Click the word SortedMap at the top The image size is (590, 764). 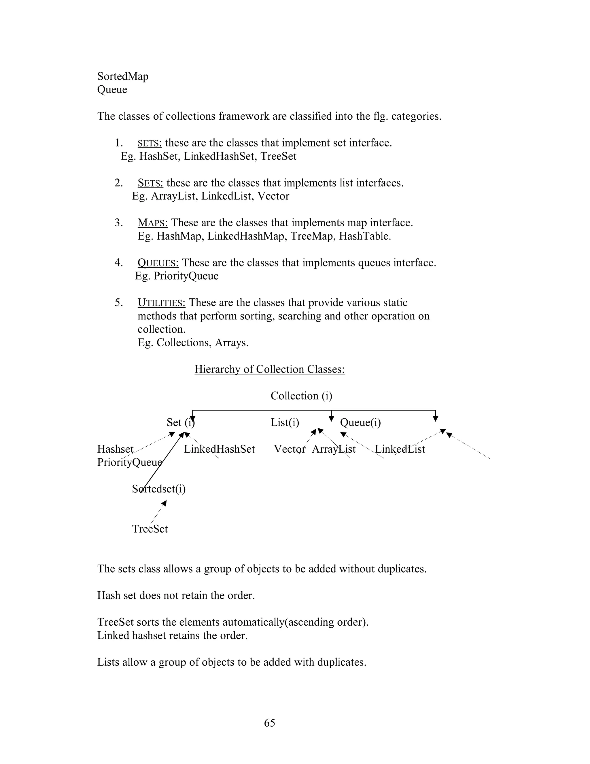[123, 76]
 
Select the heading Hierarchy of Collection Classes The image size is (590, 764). [269, 369]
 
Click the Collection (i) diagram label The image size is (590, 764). [301, 396]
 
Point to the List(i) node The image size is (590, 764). [285, 423]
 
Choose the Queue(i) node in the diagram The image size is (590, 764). [360, 423]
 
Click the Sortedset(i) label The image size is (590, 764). [159, 489]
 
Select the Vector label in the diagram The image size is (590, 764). [290, 449]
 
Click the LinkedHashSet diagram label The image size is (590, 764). [220, 449]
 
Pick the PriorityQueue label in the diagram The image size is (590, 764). [130, 462]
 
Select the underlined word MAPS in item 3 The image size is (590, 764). [153, 223]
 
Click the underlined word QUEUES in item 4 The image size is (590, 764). [158, 262]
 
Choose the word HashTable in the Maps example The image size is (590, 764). [364, 236]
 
